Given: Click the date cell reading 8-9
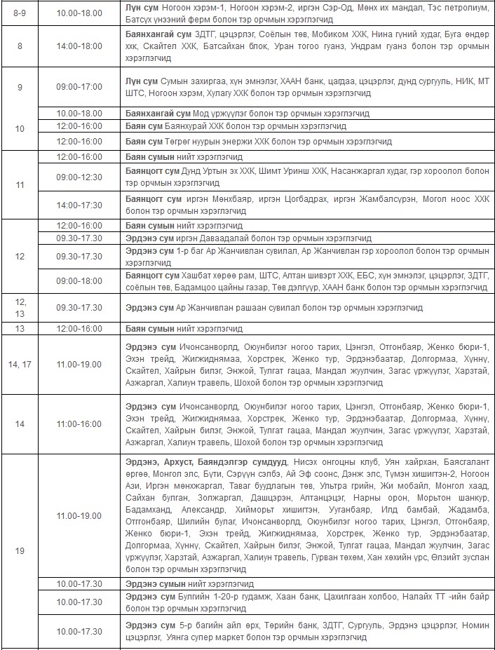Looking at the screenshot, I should (x=20, y=13).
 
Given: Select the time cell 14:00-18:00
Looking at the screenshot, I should (x=79, y=46).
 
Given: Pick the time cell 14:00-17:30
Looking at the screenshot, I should (x=79, y=205).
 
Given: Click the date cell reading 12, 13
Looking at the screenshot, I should (x=20, y=307).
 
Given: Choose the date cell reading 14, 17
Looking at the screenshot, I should (x=20, y=364).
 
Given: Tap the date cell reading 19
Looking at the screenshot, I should (x=20, y=550).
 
